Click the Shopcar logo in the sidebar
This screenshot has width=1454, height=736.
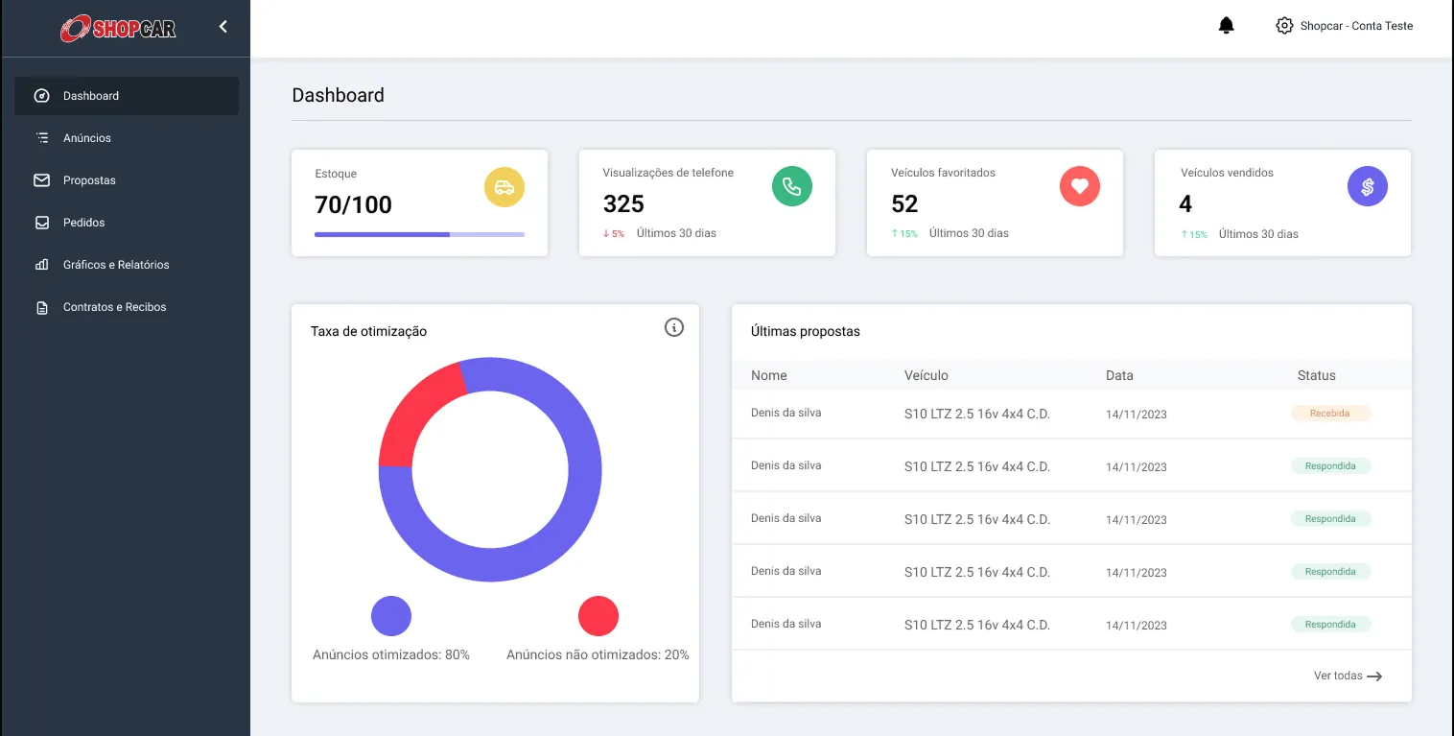(118, 29)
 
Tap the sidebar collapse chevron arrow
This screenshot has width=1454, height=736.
(223, 27)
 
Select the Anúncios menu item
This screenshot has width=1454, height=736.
(86, 138)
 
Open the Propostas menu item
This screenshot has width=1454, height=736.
(89, 180)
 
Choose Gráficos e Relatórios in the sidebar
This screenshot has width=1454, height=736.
(115, 265)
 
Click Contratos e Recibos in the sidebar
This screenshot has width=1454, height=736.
(114, 307)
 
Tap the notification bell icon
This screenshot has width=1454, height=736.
(1226, 26)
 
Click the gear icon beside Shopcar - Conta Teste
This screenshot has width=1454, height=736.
(1284, 26)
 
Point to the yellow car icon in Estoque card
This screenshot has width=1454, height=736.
(504, 187)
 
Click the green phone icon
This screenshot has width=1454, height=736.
(792, 186)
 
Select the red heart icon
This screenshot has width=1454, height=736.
(1080, 186)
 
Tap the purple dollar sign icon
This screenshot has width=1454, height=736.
(1368, 187)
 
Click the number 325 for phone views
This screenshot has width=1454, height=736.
(623, 204)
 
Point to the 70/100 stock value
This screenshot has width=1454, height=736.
(353, 204)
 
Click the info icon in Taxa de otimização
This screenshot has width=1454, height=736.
(674, 328)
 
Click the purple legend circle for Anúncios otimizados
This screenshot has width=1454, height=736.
(391, 616)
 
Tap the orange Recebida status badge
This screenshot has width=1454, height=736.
(1330, 414)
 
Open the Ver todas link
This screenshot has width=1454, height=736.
(1348, 676)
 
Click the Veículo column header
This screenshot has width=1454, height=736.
(926, 375)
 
